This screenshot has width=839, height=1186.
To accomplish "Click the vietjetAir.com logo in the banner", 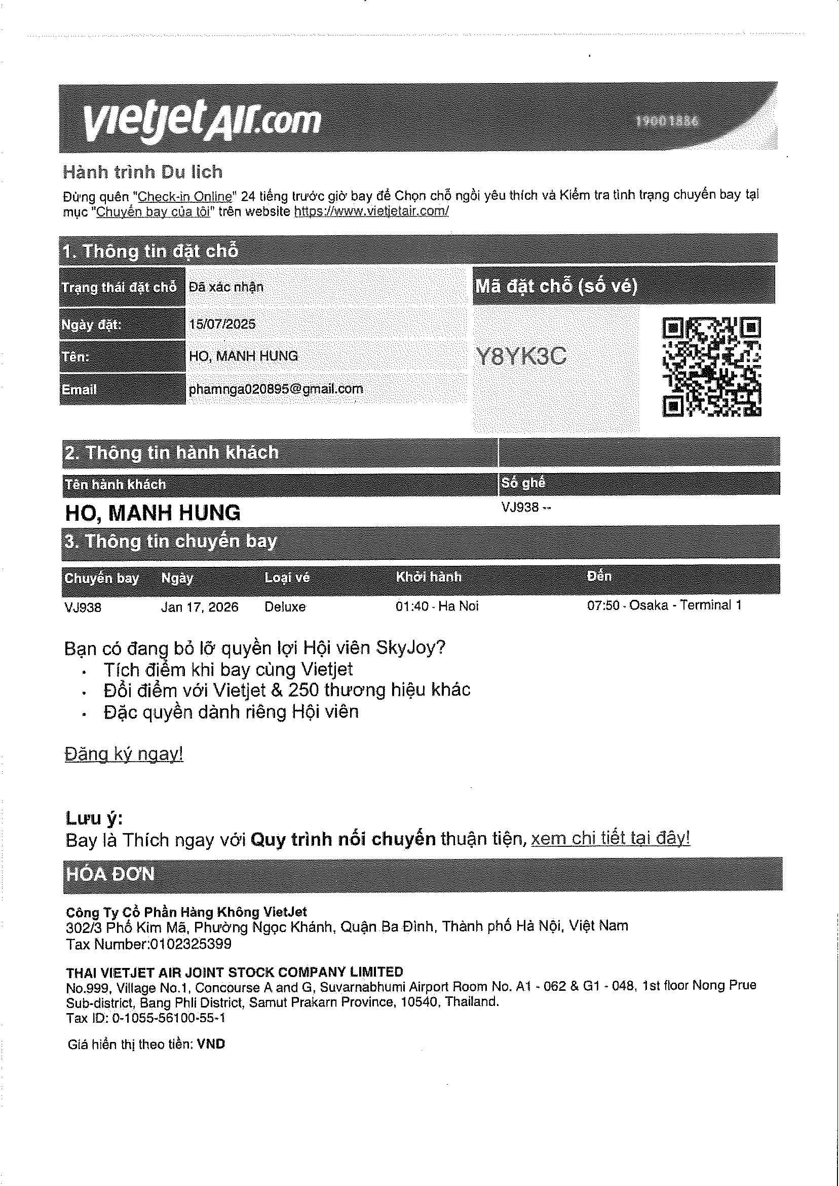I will point(202,120).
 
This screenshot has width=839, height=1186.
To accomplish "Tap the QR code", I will point(711,367).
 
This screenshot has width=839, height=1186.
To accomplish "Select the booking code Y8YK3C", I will point(521,356).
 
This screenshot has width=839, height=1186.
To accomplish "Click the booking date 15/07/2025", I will point(222,324).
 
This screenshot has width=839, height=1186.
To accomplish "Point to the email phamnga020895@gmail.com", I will point(276,389).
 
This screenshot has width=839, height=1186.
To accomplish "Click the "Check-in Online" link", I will point(185,196).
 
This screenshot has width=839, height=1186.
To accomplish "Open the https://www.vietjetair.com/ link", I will point(371,211).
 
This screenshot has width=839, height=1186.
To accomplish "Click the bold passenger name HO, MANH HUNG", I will point(153,512).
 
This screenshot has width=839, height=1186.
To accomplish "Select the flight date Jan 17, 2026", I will point(200,606).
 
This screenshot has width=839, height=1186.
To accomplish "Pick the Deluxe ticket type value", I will point(285,606).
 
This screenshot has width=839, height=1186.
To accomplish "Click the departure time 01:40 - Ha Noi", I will point(437,606).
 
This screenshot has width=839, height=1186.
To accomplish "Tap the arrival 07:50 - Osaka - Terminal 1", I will point(664,605).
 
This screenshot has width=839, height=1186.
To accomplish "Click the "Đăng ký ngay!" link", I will point(124,754).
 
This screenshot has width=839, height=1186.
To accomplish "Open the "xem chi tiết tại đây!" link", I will point(610,838).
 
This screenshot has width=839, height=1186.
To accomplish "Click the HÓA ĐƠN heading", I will point(110,874).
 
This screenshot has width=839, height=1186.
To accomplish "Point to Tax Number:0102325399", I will point(149,944).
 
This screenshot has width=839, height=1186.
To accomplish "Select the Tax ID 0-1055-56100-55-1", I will point(146,1018).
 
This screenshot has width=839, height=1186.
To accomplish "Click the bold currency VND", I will point(211,1044).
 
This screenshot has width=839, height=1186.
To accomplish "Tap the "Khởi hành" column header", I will point(428,577).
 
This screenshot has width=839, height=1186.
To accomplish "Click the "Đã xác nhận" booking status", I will point(226,287).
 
